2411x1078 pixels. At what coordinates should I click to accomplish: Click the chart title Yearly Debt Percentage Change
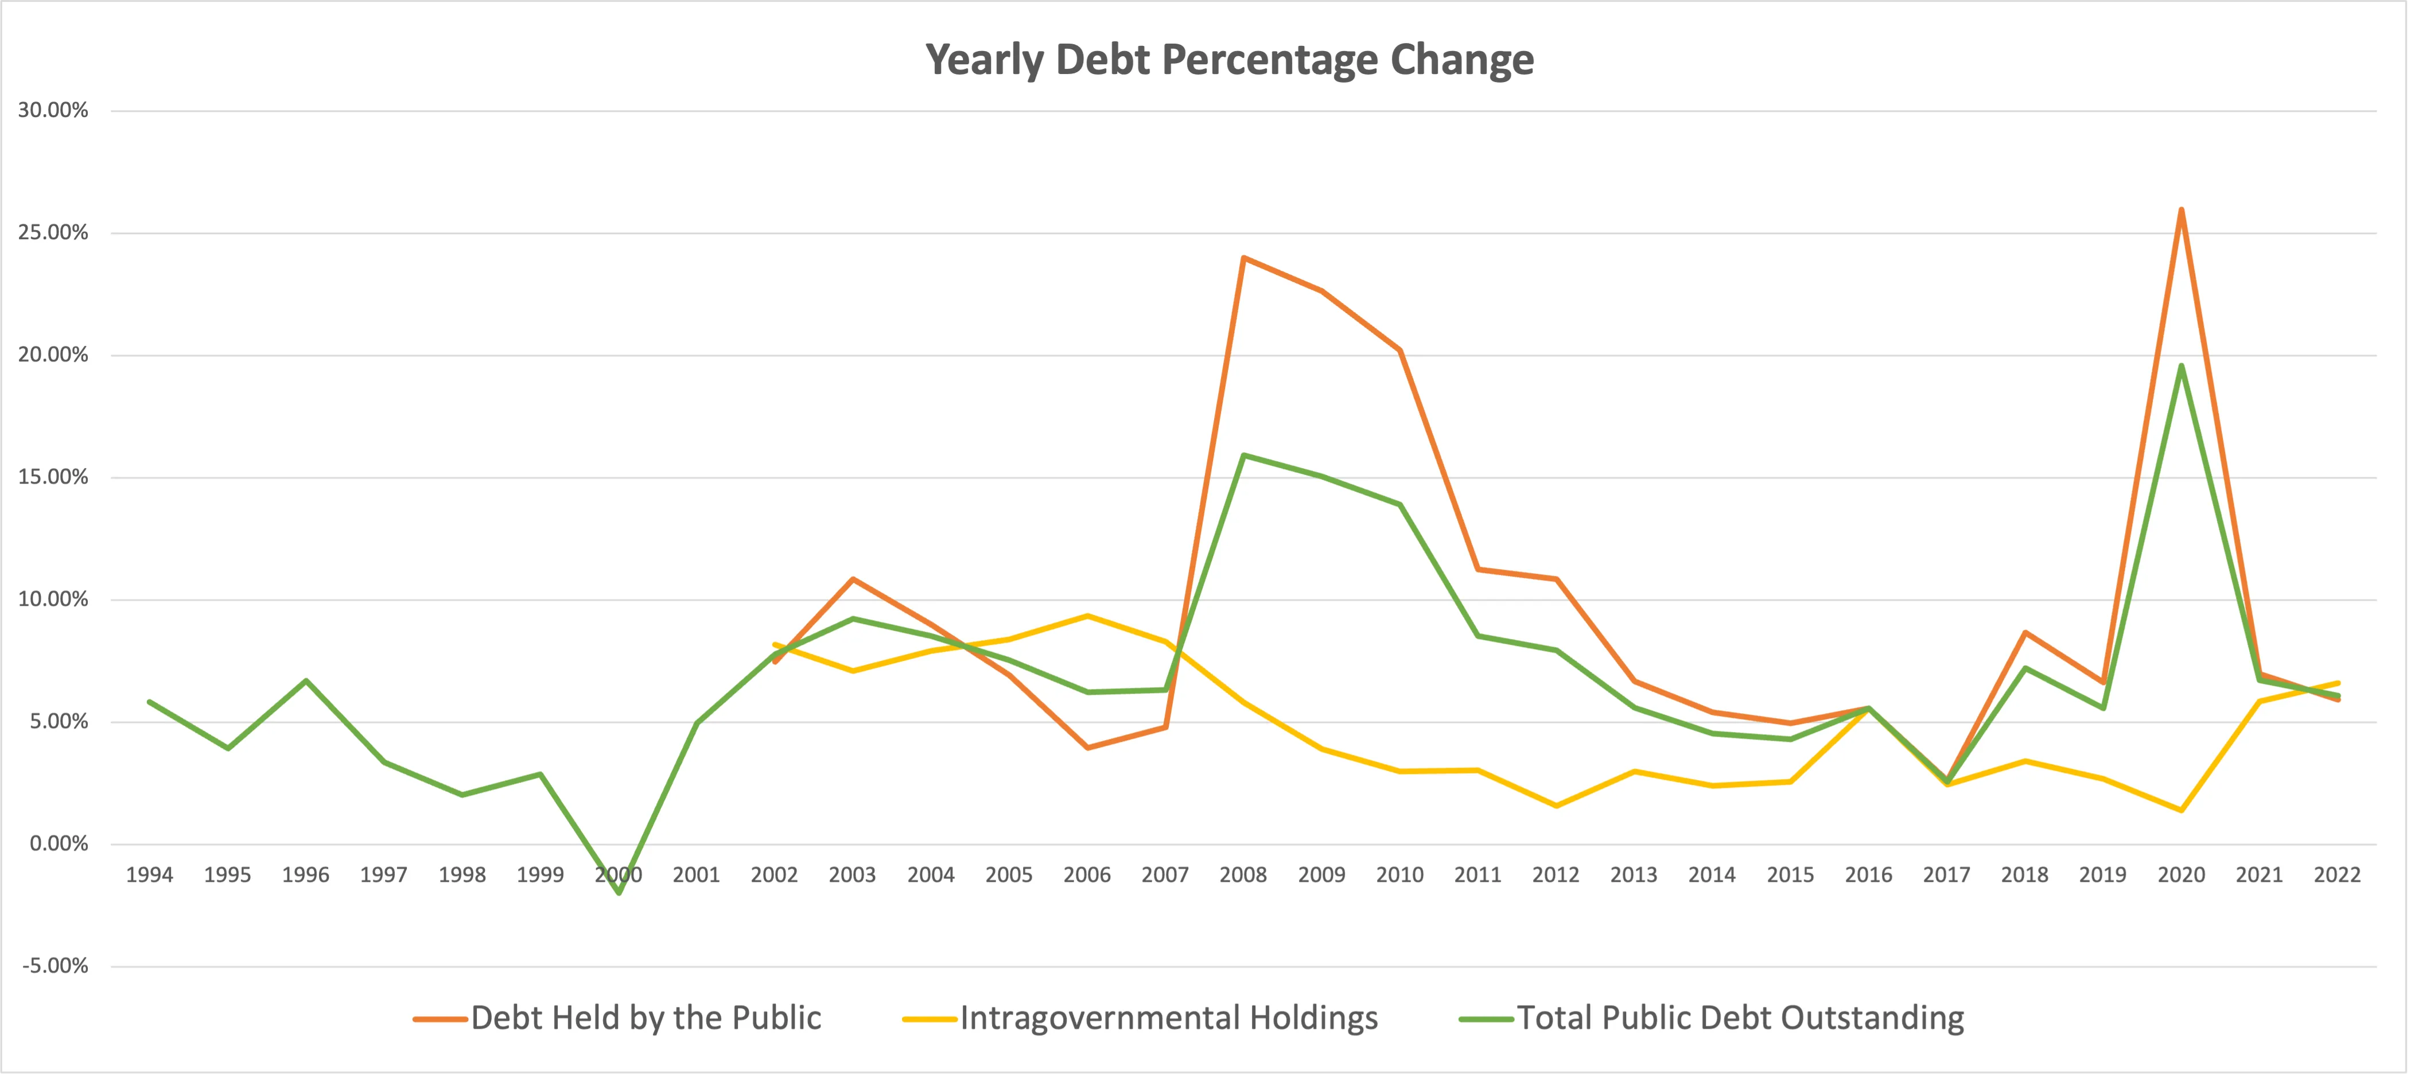tap(1229, 60)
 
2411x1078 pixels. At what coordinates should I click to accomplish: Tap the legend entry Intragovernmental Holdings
tap(1168, 1018)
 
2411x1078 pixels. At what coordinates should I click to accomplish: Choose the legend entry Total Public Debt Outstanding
tap(1739, 1018)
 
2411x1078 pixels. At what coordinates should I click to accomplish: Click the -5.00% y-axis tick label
tap(55, 966)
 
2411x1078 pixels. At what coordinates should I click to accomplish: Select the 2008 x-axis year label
tap(1243, 875)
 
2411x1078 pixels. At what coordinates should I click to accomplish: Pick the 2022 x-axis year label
tap(2337, 875)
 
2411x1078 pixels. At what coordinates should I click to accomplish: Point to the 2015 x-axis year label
tap(1790, 875)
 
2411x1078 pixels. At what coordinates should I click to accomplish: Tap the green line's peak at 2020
tap(2181, 366)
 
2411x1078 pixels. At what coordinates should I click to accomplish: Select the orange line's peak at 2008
tap(1243, 258)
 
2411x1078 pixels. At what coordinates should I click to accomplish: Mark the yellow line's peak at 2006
tap(1087, 616)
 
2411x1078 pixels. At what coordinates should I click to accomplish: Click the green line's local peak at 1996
tap(306, 680)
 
